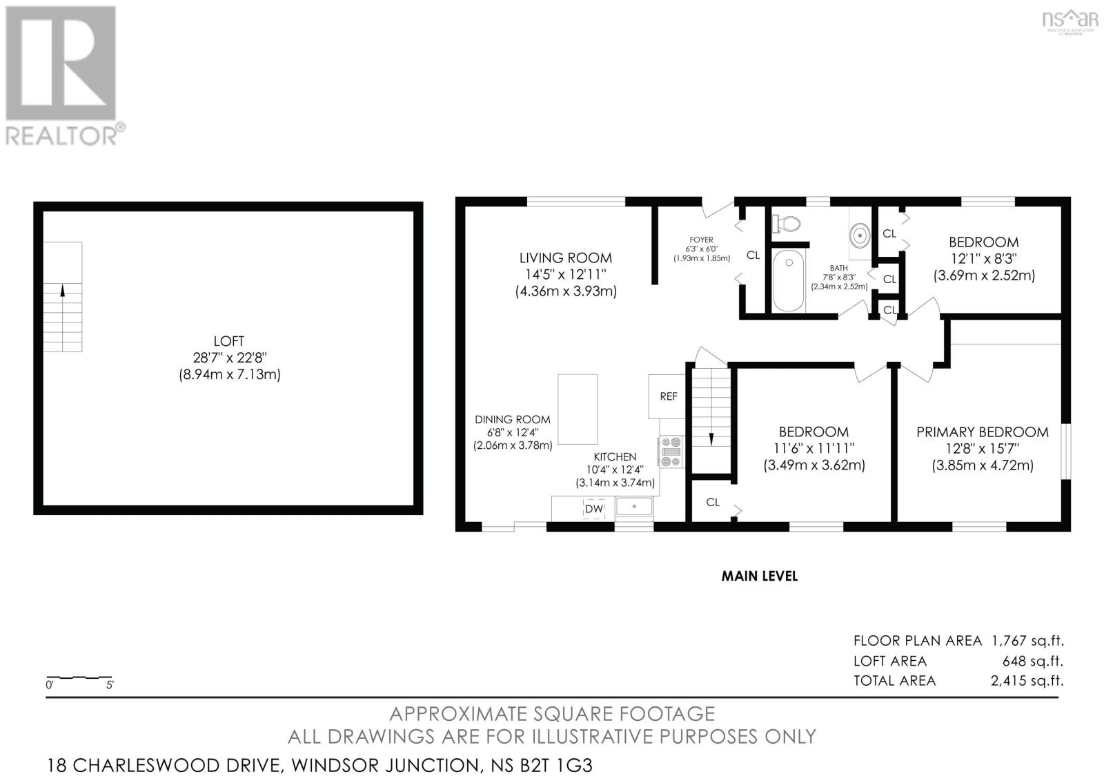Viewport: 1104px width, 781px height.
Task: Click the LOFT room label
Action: (x=228, y=340)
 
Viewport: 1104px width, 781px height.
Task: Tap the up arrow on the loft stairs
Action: (x=63, y=291)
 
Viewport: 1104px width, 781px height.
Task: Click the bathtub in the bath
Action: (x=787, y=280)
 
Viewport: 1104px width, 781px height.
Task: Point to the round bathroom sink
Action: (x=860, y=235)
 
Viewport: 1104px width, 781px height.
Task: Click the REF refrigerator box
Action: (x=668, y=396)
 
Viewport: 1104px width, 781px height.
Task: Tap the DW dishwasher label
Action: (x=593, y=509)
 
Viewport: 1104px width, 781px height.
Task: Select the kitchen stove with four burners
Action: (x=671, y=452)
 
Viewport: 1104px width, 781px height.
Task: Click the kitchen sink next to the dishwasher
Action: (x=634, y=507)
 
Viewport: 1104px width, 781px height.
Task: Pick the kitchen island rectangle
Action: (x=578, y=409)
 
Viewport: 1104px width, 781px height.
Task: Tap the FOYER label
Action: (x=701, y=240)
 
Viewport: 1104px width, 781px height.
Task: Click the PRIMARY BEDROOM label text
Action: (x=982, y=432)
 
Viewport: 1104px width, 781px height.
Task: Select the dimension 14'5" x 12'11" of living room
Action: (x=566, y=274)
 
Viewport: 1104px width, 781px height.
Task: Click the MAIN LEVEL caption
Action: (x=759, y=576)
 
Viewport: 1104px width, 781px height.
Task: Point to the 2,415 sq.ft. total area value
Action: (x=1026, y=680)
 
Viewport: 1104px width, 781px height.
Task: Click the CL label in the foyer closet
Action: (x=753, y=255)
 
